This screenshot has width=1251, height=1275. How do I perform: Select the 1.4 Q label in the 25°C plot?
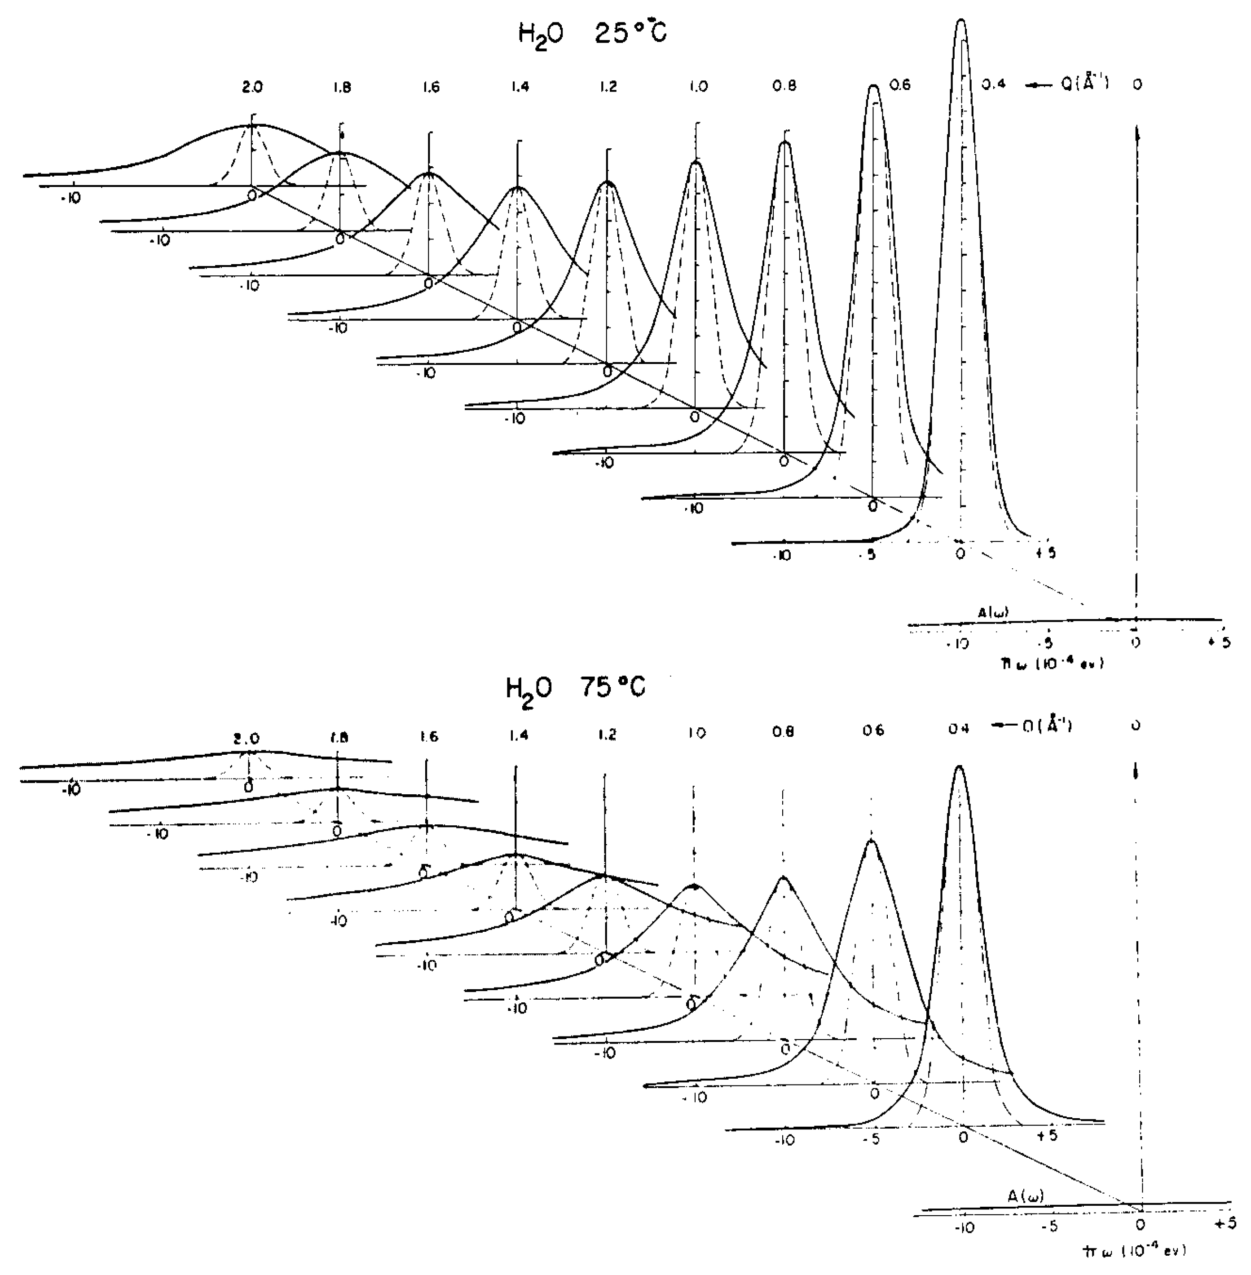pyautogui.click(x=519, y=86)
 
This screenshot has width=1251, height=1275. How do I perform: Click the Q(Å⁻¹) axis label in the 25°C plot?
pyautogui.click(x=1084, y=85)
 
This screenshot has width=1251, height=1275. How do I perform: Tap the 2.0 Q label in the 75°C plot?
pyautogui.click(x=248, y=737)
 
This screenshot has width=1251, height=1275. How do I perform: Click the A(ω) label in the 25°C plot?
pyautogui.click(x=993, y=612)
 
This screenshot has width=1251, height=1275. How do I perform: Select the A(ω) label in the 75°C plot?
pyautogui.click(x=1026, y=1197)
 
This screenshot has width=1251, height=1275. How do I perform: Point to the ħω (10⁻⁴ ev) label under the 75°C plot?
pyautogui.click(x=1135, y=1251)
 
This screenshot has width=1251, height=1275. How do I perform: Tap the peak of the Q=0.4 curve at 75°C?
pyautogui.click(x=959, y=766)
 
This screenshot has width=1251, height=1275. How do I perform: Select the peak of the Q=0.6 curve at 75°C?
pyautogui.click(x=871, y=840)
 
